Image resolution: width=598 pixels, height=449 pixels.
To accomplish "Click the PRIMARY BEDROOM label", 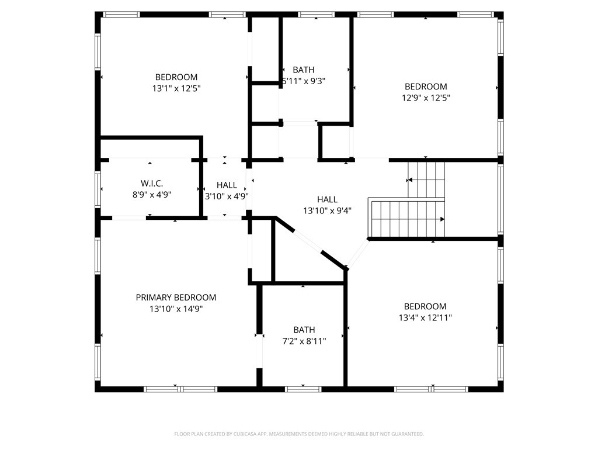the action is point(176,298).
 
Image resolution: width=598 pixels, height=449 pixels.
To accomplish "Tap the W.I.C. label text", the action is point(152,184).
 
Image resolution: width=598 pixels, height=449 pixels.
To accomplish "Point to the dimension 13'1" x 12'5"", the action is point(176,89).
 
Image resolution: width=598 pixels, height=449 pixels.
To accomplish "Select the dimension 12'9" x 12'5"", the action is point(426,98).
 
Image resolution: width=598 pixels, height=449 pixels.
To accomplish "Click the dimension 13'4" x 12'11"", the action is point(425,317).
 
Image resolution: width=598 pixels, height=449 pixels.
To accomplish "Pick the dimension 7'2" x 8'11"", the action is point(304,341).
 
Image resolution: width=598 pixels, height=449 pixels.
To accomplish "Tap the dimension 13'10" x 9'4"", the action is point(327,210).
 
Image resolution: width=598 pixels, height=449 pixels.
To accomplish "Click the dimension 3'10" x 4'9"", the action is point(227,196).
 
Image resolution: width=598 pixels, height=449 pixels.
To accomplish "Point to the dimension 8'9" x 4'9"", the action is point(152,195).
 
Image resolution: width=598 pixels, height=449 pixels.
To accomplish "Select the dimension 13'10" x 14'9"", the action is point(176,309).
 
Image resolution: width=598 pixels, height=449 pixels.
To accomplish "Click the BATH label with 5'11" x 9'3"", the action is point(304,70).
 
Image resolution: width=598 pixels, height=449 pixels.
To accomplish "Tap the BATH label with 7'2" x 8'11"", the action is point(304,330).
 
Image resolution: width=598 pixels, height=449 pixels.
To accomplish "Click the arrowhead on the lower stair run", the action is point(443,219).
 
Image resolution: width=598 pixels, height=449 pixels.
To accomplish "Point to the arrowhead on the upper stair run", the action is point(409,180).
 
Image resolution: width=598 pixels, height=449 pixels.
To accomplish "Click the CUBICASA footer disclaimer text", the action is point(299,434).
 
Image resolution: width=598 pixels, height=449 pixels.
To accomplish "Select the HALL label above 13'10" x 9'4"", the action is point(327,199).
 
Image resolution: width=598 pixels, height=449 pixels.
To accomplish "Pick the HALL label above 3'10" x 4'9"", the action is point(227,185).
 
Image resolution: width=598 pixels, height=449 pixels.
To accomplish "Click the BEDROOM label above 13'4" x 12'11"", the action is point(425,306).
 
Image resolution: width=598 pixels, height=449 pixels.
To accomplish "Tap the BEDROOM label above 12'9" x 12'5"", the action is point(426,87).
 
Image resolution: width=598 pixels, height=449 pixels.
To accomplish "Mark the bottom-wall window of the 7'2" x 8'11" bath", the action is point(303,389).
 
